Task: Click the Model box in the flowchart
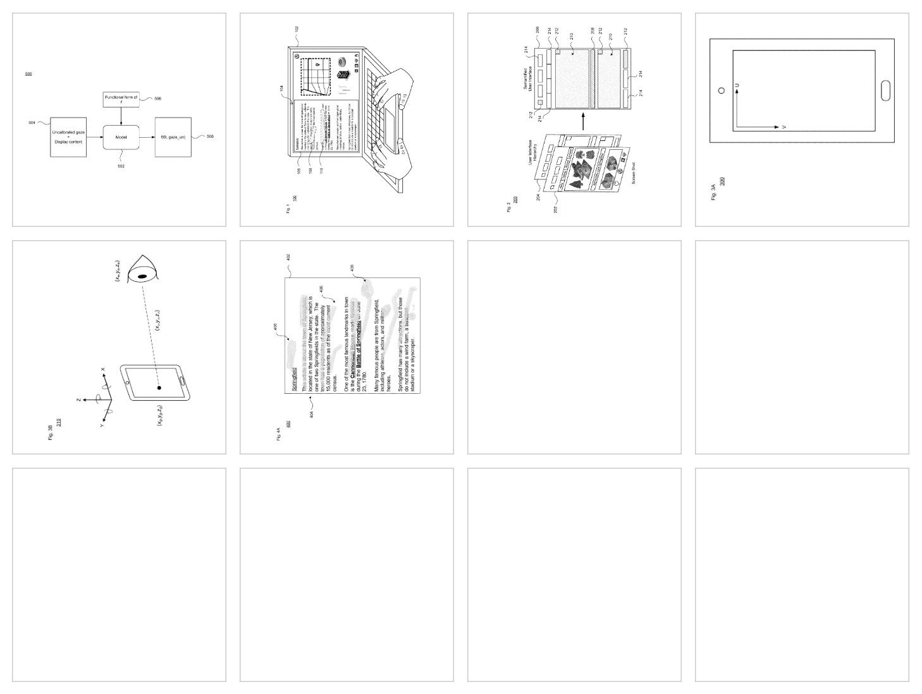pos(121,137)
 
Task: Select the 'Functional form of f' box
pos(121,99)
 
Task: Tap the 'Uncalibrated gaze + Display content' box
pos(68,137)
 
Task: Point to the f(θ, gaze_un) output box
pos(173,137)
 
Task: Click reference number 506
pos(158,99)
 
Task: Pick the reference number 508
pos(210,137)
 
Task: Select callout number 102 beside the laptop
pos(297,28)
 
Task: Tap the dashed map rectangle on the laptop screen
pos(315,76)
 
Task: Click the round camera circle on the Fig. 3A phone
pos(722,90)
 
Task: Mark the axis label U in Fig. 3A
pos(737,85)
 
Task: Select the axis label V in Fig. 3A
pos(784,127)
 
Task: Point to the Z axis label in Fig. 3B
pos(77,400)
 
